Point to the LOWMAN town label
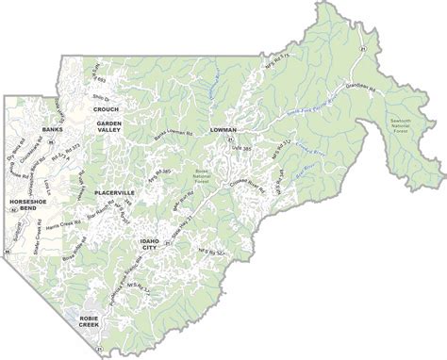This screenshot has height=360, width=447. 224,130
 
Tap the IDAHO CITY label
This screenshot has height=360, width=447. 149,243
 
